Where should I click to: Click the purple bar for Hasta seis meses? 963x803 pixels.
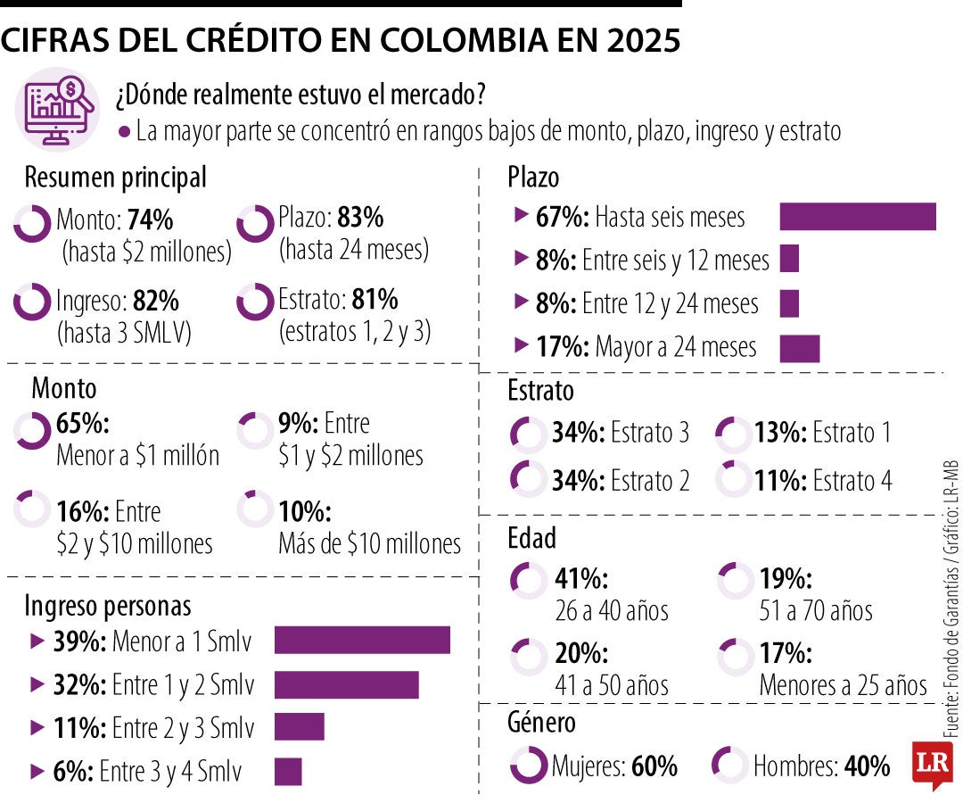click(x=857, y=217)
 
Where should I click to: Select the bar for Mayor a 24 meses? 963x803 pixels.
click(x=799, y=348)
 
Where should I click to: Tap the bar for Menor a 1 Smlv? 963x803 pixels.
click(x=361, y=641)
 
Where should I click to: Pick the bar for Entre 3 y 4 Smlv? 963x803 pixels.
click(x=288, y=771)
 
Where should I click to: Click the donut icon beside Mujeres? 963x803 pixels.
click(x=528, y=765)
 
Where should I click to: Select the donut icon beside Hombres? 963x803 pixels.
click(x=730, y=765)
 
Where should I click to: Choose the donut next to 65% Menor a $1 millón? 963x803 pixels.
click(x=32, y=431)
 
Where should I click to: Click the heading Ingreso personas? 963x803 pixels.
click(x=107, y=607)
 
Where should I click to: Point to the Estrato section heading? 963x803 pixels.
click(x=540, y=391)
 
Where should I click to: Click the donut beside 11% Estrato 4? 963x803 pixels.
click(x=733, y=479)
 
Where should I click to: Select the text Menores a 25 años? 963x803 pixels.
click(x=844, y=685)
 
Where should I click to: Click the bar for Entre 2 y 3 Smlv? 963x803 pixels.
click(x=299, y=726)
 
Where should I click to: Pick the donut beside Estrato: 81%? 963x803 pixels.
click(x=255, y=301)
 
